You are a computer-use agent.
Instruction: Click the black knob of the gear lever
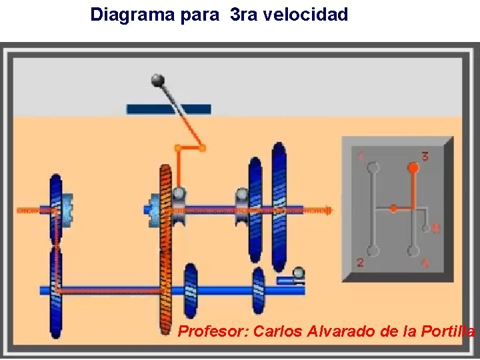pyautogui.click(x=157, y=81)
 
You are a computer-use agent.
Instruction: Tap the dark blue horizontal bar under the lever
pyautogui.click(x=169, y=109)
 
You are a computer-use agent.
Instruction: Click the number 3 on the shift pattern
pyautogui.click(x=425, y=157)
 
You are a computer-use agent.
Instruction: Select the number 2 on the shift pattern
pyautogui.click(x=360, y=263)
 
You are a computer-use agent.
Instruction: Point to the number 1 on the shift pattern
pyautogui.click(x=361, y=157)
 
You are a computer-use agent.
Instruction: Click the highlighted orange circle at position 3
pyautogui.click(x=413, y=168)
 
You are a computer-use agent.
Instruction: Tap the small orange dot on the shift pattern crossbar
pyautogui.click(x=393, y=209)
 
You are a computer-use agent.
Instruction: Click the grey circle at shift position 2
pyautogui.click(x=373, y=251)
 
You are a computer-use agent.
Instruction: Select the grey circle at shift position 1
pyautogui.click(x=373, y=167)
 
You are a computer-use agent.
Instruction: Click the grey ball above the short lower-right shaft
pyautogui.click(x=298, y=272)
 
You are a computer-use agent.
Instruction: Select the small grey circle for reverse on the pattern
pyautogui.click(x=427, y=229)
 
